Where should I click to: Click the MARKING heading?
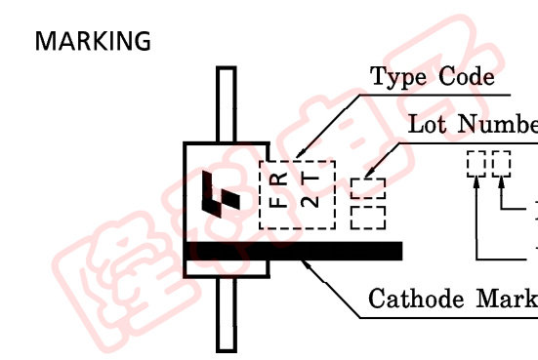click(93, 41)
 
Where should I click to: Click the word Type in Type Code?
click(398, 77)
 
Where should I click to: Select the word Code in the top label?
click(462, 77)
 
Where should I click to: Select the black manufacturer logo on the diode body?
click(218, 193)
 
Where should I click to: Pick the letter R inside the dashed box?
click(279, 180)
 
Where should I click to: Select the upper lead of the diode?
click(227, 104)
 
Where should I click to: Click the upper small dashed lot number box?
click(367, 187)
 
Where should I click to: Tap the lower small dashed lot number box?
click(367, 214)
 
